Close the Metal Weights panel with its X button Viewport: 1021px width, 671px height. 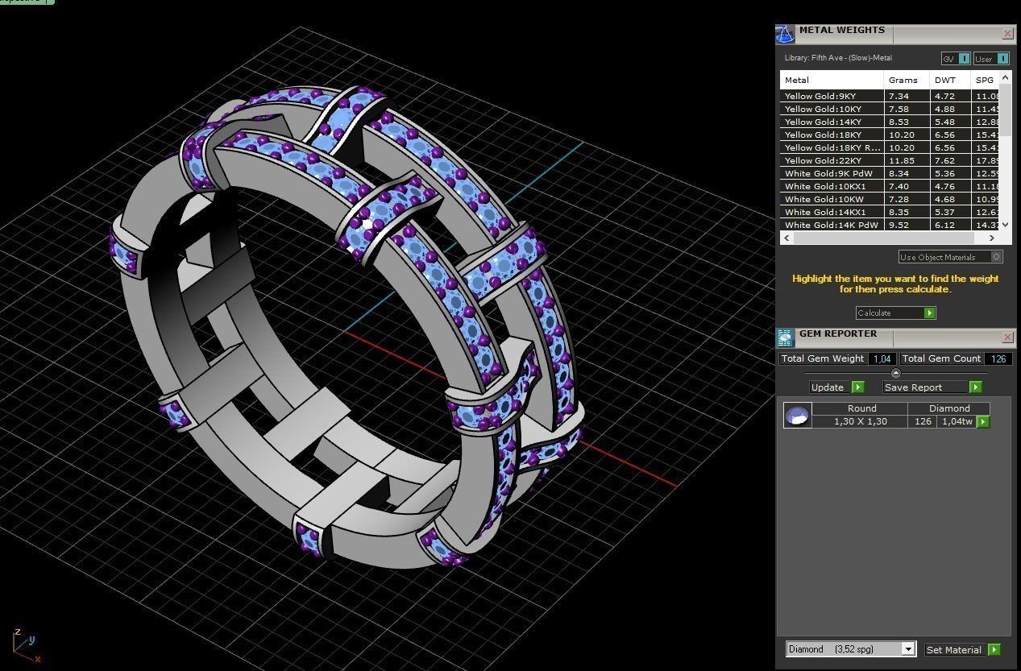[1007, 34]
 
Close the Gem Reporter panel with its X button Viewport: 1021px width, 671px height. [1007, 337]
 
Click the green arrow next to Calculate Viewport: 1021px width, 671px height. [929, 313]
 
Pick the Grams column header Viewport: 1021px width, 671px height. [903, 81]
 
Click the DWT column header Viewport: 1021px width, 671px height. [944, 81]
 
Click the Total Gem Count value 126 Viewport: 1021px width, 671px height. [998, 359]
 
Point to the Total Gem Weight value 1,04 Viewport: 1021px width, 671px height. [882, 359]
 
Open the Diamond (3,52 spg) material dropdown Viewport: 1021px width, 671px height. [908, 649]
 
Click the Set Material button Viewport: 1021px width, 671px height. [954, 650]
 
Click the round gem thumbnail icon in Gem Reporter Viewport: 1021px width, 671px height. [797, 416]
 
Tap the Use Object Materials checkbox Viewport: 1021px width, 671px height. [997, 257]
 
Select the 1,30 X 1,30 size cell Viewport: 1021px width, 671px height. [861, 422]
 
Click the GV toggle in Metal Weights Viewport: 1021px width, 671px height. [956, 59]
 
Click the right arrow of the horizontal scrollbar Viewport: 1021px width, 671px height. [991, 238]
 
